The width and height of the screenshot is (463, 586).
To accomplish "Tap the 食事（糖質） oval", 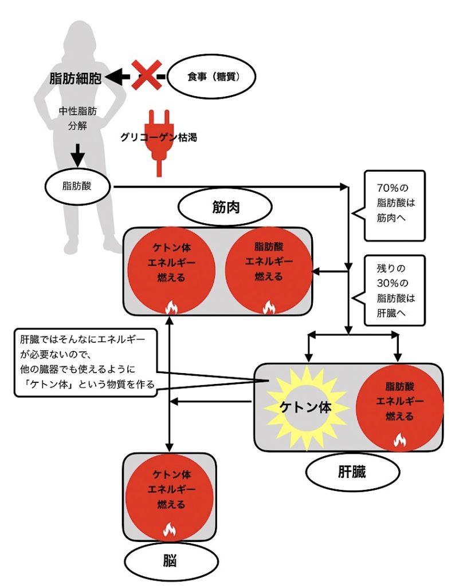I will [211, 76].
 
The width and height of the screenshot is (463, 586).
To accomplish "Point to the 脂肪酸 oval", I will [79, 185].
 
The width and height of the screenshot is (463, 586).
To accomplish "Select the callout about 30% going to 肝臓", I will [395, 290].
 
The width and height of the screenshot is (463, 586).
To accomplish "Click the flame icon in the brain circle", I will [170, 529].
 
